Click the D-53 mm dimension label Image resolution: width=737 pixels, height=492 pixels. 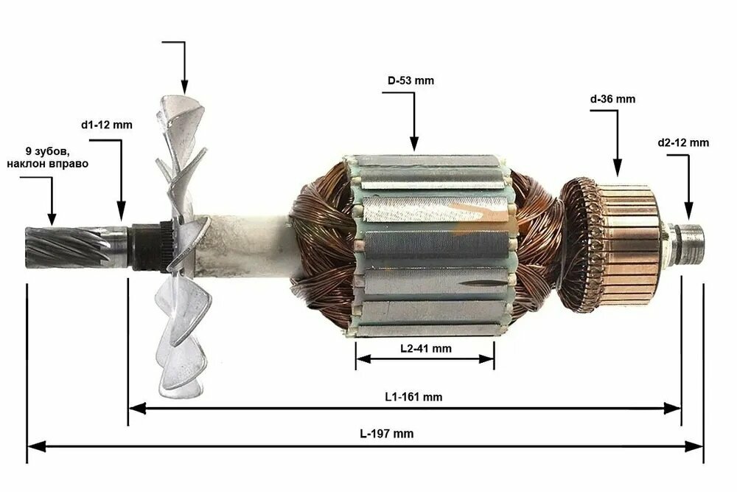pyautogui.click(x=411, y=80)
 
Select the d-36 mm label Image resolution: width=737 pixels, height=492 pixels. pyautogui.click(x=612, y=99)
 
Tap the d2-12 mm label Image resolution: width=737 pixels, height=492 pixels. pyautogui.click(x=683, y=142)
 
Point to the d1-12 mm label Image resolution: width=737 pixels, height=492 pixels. pyautogui.click(x=107, y=125)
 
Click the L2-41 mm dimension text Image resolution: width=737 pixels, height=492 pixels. pyautogui.click(x=426, y=349)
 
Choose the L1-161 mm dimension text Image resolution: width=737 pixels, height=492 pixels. pyautogui.click(x=413, y=397)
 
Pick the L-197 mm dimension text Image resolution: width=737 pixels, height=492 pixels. pyautogui.click(x=387, y=433)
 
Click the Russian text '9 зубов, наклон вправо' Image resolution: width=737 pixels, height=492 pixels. pyautogui.click(x=47, y=158)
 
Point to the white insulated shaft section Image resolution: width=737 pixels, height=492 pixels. pyautogui.click(x=245, y=245)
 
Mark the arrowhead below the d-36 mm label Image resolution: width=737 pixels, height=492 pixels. pyautogui.click(x=617, y=168)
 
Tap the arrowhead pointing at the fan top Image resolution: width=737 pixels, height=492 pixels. pyautogui.click(x=184, y=86)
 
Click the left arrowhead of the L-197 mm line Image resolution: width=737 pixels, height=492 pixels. pyautogui.click(x=35, y=446)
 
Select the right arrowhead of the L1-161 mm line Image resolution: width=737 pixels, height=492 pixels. pyautogui.click(x=672, y=408)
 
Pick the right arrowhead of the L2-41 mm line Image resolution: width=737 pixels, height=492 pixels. pyautogui.click(x=486, y=359)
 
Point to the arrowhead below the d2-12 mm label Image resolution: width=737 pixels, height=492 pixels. pyautogui.click(x=688, y=211)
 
